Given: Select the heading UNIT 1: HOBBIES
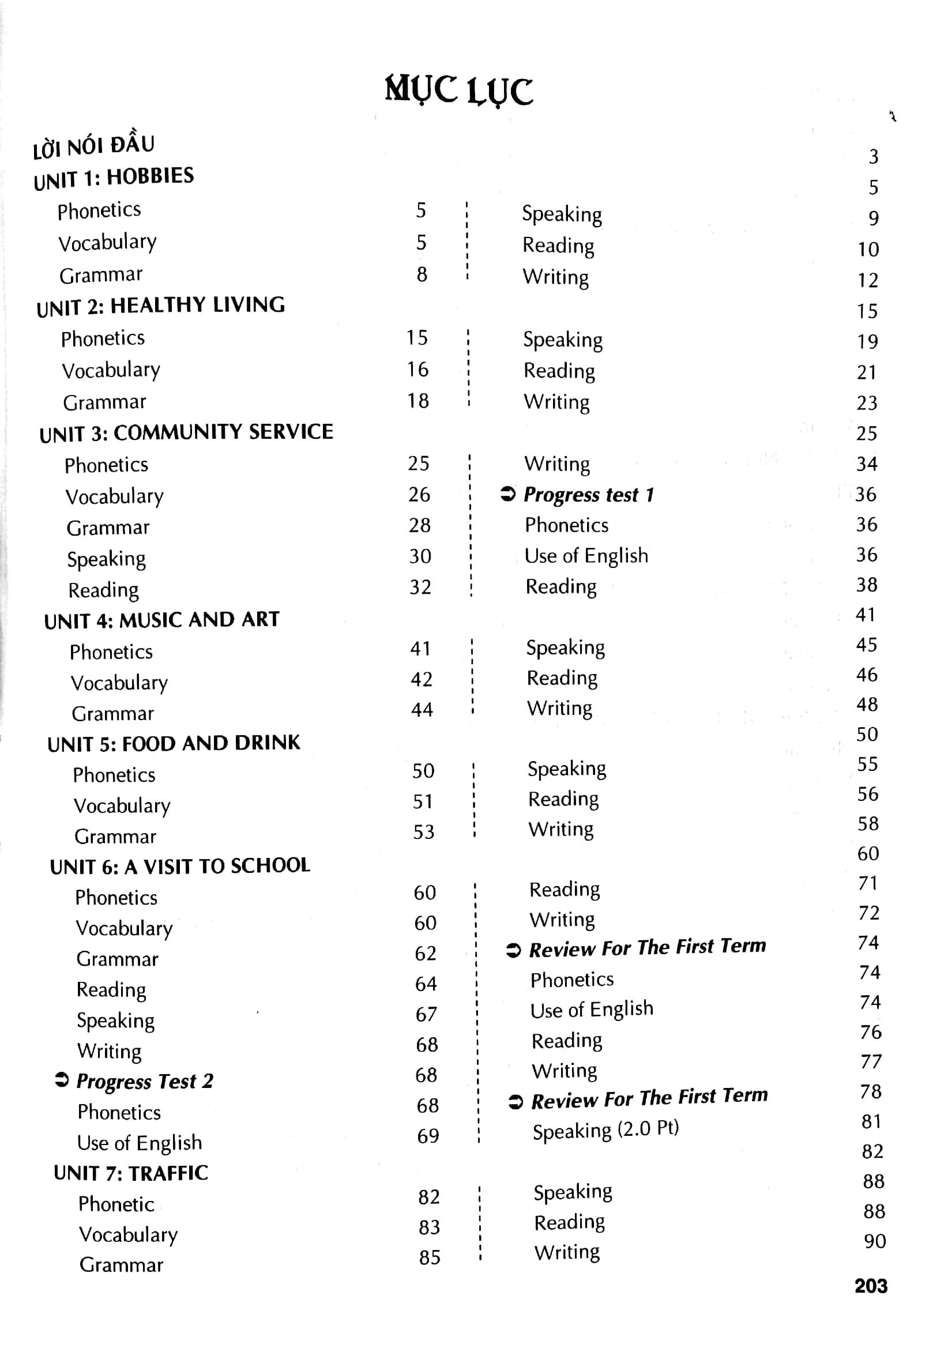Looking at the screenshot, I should click(114, 178).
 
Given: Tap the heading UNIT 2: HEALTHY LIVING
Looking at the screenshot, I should click(160, 306).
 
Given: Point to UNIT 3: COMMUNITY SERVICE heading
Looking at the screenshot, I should click(186, 433).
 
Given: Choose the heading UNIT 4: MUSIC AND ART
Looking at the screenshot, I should click(161, 620).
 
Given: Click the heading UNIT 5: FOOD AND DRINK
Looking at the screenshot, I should click(174, 744).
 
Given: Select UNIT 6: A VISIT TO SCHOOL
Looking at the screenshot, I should click(180, 867).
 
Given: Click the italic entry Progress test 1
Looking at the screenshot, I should click(588, 495).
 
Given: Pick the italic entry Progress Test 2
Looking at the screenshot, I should click(144, 1082).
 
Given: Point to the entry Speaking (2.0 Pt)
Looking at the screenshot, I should click(605, 1130).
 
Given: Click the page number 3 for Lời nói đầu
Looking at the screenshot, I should click(873, 157).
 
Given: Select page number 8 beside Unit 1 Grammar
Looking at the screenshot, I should click(422, 274).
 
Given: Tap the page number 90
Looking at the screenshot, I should click(874, 1241).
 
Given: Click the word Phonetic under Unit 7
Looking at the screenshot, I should click(116, 1204).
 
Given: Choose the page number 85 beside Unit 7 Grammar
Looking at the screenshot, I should click(429, 1257).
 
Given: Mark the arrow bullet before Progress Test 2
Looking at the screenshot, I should click(62, 1080).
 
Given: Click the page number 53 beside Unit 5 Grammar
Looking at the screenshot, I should click(424, 831).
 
